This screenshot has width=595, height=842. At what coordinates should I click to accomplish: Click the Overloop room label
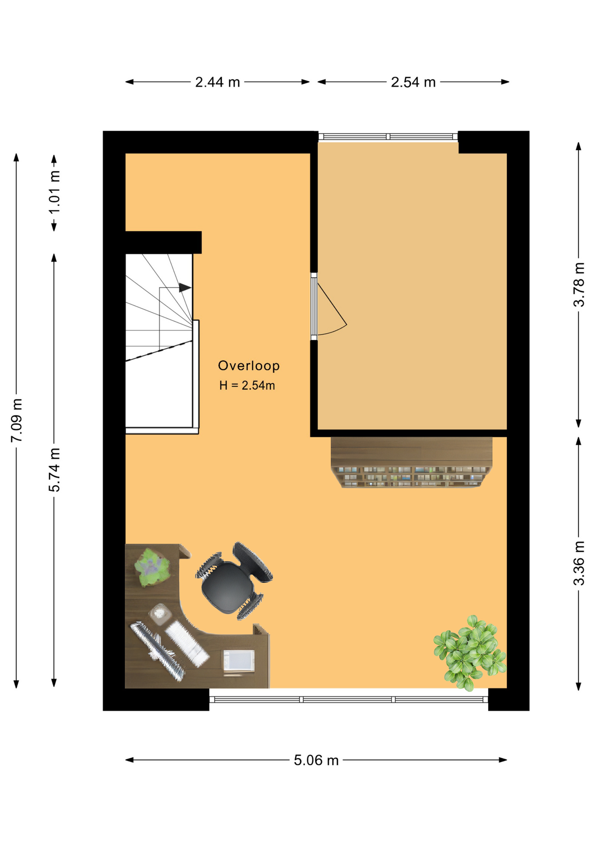pyautogui.click(x=248, y=365)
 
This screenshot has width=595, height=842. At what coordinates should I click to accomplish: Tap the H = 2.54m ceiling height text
pyautogui.click(x=247, y=385)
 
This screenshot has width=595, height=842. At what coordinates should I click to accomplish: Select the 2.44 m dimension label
pyautogui.click(x=217, y=82)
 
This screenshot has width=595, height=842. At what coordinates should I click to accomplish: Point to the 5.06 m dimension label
pyautogui.click(x=316, y=760)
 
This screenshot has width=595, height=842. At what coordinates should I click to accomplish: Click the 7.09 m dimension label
pyautogui.click(x=17, y=421)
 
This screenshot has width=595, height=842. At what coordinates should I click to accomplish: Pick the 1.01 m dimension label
pyautogui.click(x=54, y=192)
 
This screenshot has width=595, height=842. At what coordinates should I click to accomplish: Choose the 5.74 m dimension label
pyautogui.click(x=54, y=470)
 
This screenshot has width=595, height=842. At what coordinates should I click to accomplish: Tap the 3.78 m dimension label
pyautogui.click(x=579, y=285)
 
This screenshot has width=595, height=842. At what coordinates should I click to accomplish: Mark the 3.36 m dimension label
pyautogui.click(x=579, y=563)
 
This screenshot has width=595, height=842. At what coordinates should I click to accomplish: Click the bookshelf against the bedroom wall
pyautogui.click(x=411, y=462)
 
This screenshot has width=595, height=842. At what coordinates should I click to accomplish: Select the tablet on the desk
pyautogui.click(x=239, y=660)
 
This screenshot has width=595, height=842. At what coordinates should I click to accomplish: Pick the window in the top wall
pyautogui.click(x=388, y=136)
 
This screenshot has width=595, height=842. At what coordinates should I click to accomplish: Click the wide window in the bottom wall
pyautogui.click(x=349, y=699)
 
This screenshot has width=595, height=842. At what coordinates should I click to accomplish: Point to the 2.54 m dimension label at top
pyautogui.click(x=413, y=82)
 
